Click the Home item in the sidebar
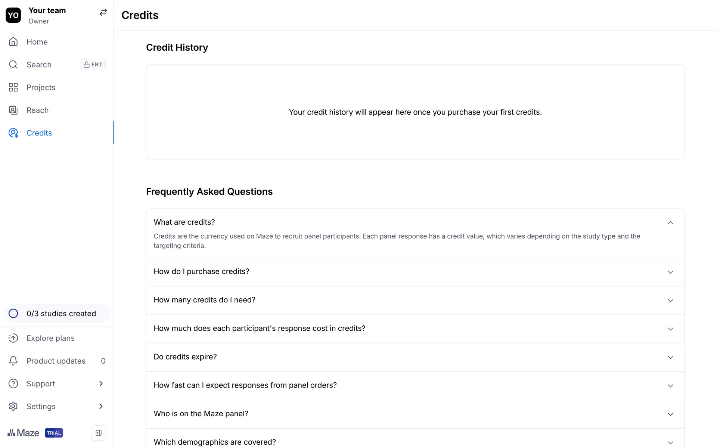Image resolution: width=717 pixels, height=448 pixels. (37, 42)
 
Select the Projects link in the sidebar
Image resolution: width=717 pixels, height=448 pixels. (41, 87)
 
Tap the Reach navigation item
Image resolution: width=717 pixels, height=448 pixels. (37, 110)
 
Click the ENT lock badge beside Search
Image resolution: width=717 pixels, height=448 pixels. (93, 65)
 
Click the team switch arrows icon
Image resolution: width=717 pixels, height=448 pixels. (103, 13)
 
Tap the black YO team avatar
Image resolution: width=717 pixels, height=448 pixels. (13, 15)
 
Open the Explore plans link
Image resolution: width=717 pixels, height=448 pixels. (50, 338)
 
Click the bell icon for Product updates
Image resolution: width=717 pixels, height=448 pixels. (13, 361)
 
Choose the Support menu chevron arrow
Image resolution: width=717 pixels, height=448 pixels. (101, 383)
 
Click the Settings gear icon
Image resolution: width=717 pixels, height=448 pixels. (13, 406)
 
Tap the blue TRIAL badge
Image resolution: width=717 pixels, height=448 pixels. (54, 433)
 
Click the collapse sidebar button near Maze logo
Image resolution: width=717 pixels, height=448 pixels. (99, 433)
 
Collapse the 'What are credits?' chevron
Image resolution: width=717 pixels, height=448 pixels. (670, 223)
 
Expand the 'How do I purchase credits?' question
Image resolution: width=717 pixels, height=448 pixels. (201, 271)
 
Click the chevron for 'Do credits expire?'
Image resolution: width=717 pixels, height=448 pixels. (670, 357)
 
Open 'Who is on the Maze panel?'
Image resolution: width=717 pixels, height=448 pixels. (201, 414)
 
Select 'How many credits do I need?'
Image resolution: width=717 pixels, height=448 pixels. (204, 300)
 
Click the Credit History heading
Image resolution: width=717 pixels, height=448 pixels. (177, 47)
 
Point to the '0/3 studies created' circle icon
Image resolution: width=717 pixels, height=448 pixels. (13, 314)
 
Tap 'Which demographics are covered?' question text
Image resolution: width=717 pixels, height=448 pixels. (215, 442)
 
